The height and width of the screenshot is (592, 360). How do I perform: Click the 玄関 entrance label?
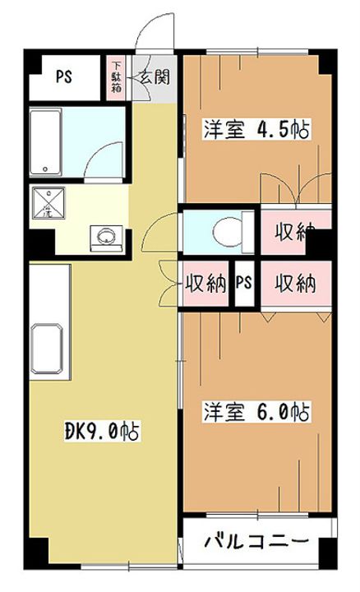pyautogui.click(x=154, y=78)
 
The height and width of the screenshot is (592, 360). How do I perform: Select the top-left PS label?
pyautogui.click(x=62, y=78)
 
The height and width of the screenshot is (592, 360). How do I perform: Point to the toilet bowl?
pyautogui.click(x=229, y=231)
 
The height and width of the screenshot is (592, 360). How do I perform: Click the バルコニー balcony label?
pyautogui.click(x=256, y=543)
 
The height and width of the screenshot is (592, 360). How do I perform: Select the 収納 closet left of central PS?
pyautogui.click(x=205, y=284)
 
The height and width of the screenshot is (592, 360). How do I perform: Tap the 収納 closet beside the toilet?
pyautogui.click(x=295, y=231)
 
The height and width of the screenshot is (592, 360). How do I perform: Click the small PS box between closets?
pyautogui.click(x=243, y=284)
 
